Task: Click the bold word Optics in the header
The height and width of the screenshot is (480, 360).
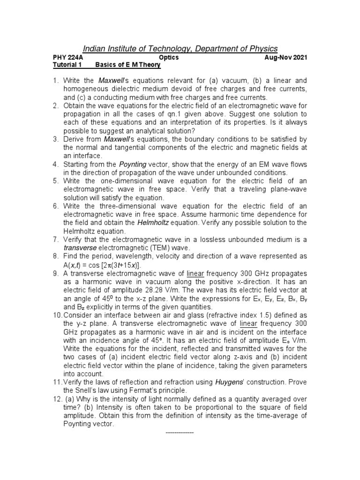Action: point(169,58)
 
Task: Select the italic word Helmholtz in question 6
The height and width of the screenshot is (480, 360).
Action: point(151,222)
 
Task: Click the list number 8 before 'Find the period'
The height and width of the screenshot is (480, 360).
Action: point(54,256)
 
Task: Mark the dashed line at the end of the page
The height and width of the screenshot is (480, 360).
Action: point(180,432)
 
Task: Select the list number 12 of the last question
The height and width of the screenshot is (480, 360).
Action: point(56,398)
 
